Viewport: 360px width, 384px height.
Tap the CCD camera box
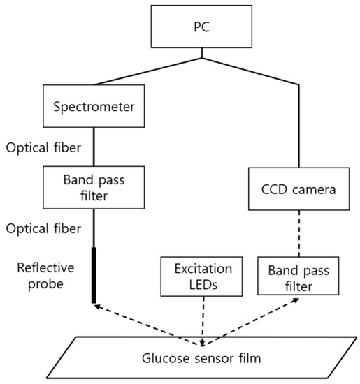click(299, 189)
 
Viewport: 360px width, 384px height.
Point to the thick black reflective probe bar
click(93, 275)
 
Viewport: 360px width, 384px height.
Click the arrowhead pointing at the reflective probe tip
click(99, 305)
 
